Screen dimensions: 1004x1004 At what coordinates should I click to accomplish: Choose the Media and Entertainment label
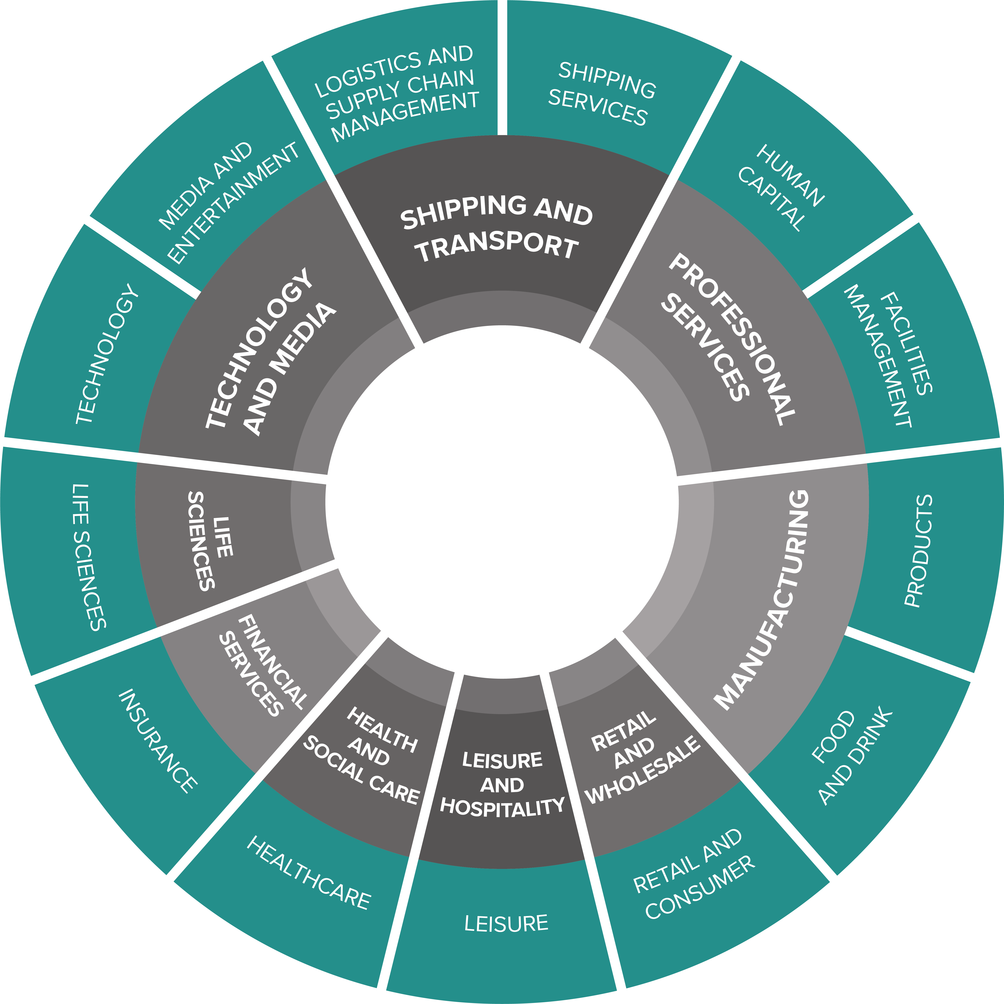[x=229, y=203]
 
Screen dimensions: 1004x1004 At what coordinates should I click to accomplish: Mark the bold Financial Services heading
[x=262, y=665]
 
